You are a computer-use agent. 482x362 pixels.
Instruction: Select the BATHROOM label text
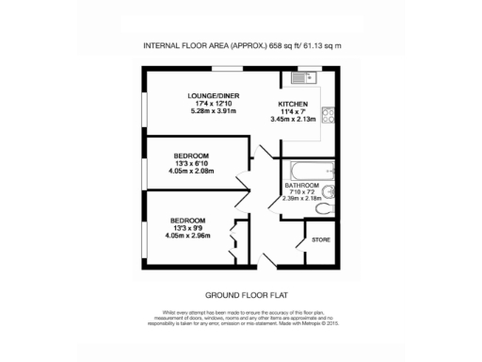pyautogui.click(x=302, y=186)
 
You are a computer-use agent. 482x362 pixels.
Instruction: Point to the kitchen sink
pyautogui.click(x=304, y=77)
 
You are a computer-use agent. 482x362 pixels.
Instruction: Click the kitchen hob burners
pyautogui.click(x=329, y=116)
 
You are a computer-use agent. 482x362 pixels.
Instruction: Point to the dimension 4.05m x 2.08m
pyautogui.click(x=191, y=172)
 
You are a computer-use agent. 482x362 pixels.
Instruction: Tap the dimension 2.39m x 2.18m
pyautogui.click(x=303, y=199)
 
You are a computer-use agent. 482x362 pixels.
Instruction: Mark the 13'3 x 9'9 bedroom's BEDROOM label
pyautogui.click(x=188, y=221)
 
